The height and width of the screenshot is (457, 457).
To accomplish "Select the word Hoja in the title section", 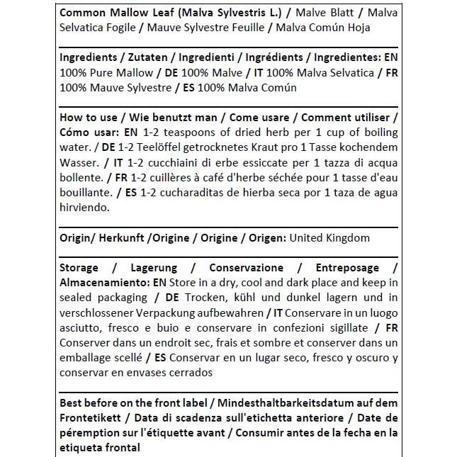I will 357,27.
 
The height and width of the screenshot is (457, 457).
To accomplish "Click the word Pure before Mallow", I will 105,73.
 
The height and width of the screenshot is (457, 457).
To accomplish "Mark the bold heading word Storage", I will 80,268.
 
